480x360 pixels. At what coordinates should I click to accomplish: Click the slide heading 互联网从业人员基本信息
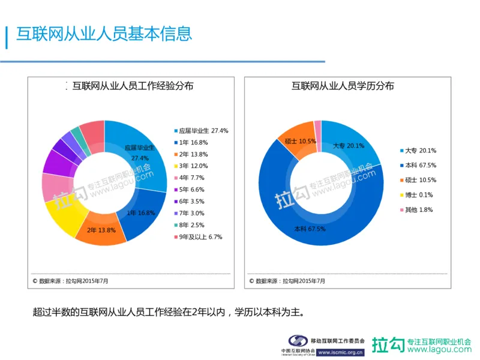coord(104,34)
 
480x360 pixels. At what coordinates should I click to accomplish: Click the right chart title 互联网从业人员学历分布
coord(343,86)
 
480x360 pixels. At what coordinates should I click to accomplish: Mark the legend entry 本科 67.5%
coord(418,165)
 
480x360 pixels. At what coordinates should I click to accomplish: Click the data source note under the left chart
coord(70,280)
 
